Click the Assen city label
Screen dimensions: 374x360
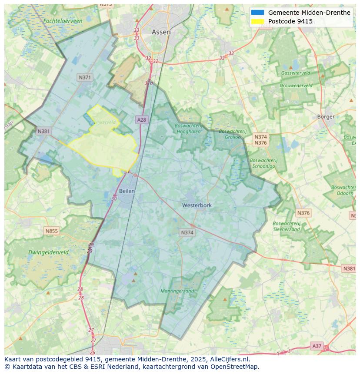pyautogui.click(x=161, y=32)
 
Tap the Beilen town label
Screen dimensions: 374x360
pyautogui.click(x=127, y=191)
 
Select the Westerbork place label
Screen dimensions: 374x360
pyautogui.click(x=197, y=205)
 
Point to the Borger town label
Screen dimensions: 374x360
pyautogui.click(x=326, y=116)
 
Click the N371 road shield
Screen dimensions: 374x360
pyautogui.click(x=85, y=77)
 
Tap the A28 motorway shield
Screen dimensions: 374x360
pyautogui.click(x=141, y=119)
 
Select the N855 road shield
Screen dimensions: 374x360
pyautogui.click(x=51, y=231)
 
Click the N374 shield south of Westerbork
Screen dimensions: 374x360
pyautogui.click(x=187, y=233)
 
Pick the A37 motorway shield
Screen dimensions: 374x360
pyautogui.click(x=317, y=346)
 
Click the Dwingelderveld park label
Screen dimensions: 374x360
pyautogui.click(x=48, y=252)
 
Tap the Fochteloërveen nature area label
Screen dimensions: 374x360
pyautogui.click(x=63, y=21)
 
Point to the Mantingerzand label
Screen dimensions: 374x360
pyautogui.click(x=177, y=291)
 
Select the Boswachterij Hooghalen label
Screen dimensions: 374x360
pyautogui.click(x=188, y=129)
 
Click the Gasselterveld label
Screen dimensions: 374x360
pyautogui.click(x=296, y=73)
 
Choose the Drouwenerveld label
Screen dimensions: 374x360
pyautogui.click(x=296, y=86)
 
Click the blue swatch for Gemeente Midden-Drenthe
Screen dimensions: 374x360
pyautogui.click(x=257, y=13)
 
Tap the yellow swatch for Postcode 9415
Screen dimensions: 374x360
pyautogui.click(x=257, y=21)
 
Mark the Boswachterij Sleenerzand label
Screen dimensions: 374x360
pyautogui.click(x=287, y=226)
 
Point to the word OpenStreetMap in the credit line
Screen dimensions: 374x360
pyautogui.click(x=234, y=367)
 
